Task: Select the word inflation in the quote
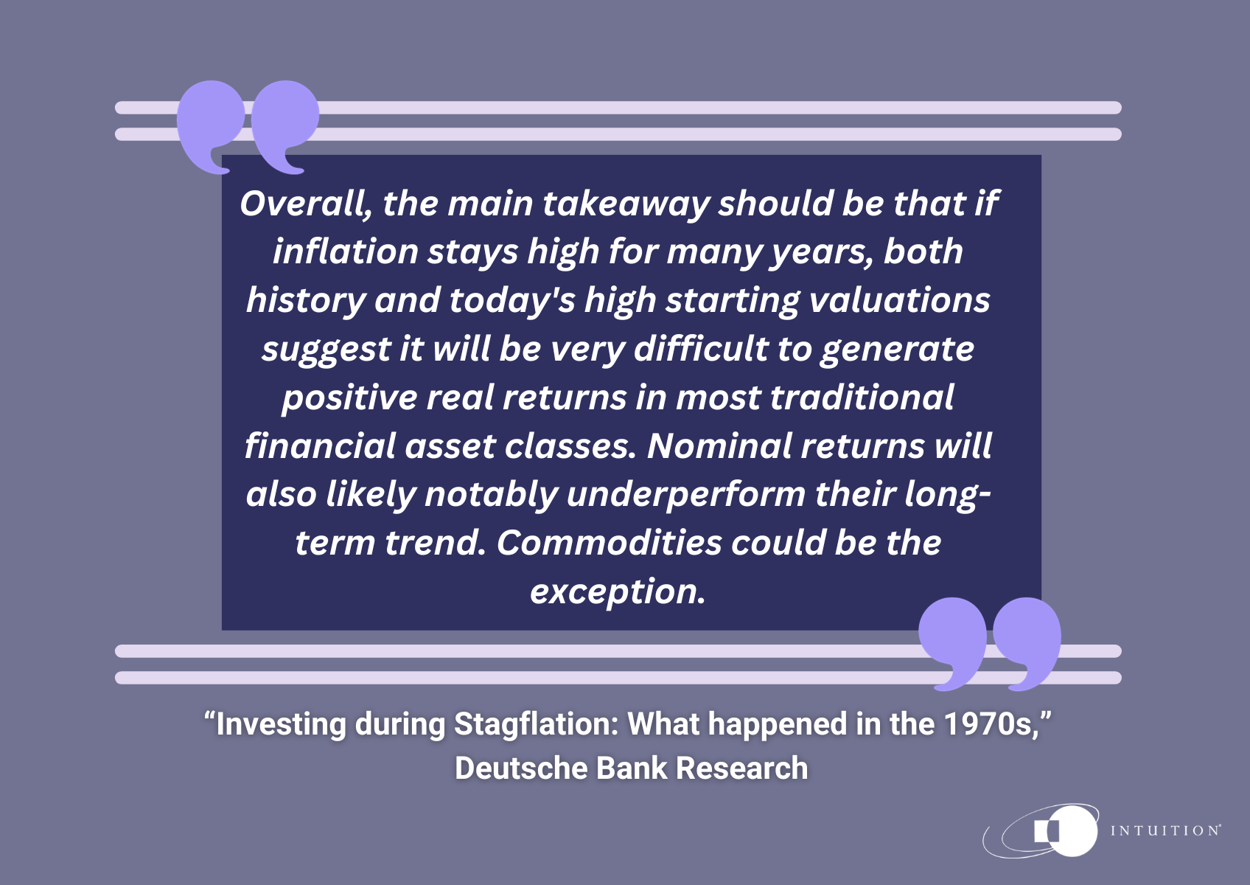click(x=346, y=251)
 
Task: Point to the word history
click(x=306, y=300)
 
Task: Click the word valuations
click(x=900, y=300)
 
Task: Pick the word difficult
click(x=701, y=348)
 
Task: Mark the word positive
click(x=349, y=398)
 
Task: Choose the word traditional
click(x=862, y=397)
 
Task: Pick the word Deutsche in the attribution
click(x=521, y=768)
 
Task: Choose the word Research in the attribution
click(x=741, y=768)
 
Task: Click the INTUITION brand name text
click(x=1165, y=831)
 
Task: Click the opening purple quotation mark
click(x=248, y=127)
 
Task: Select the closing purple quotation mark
click(x=989, y=645)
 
